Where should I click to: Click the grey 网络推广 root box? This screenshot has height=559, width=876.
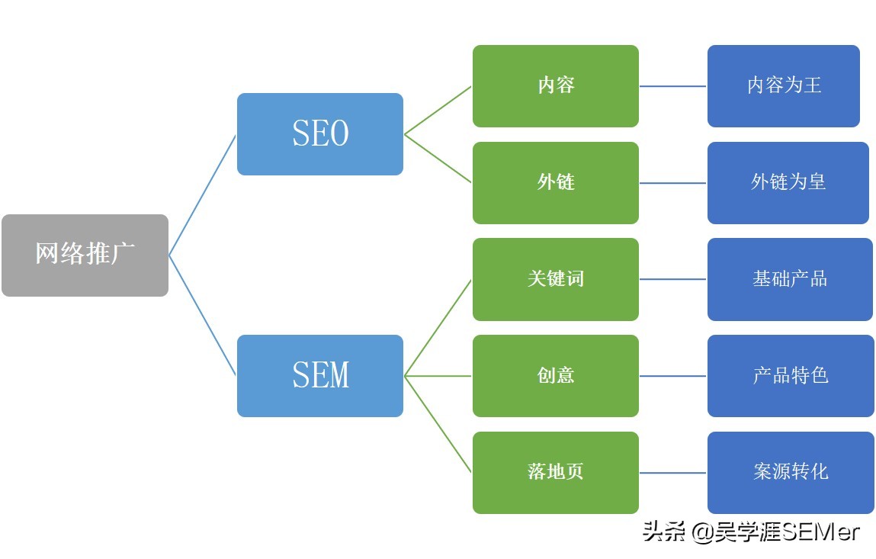[x=85, y=255]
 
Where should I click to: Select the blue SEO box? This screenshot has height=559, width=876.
[x=320, y=134]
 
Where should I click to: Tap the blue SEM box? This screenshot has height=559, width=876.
[x=320, y=375]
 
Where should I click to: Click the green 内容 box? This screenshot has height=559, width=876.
[x=556, y=85]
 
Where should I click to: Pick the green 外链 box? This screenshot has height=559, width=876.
[x=556, y=182]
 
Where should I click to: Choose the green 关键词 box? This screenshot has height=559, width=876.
[x=556, y=279]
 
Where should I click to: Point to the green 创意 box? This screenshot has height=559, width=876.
[x=556, y=375]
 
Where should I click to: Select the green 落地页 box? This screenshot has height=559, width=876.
[x=556, y=472]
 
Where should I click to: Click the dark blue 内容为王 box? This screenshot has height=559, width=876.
[x=784, y=85]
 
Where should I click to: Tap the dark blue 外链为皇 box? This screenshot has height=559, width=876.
[x=788, y=182]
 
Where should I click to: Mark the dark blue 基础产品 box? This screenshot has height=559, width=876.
[x=790, y=279]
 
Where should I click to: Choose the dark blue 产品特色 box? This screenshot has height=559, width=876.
[x=791, y=375]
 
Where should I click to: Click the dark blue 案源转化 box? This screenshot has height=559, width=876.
[x=791, y=472]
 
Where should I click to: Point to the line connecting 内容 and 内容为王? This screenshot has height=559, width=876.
[x=673, y=86]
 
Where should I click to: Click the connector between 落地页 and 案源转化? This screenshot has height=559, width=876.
[x=673, y=473]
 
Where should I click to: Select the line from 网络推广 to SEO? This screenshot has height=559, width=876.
[x=203, y=194]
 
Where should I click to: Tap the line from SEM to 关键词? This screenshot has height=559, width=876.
[x=438, y=327]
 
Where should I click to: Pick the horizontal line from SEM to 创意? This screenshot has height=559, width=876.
[x=438, y=376]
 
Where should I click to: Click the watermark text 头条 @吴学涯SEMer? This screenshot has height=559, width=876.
[x=751, y=531]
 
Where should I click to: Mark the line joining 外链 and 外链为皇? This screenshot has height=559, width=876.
[x=673, y=183]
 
